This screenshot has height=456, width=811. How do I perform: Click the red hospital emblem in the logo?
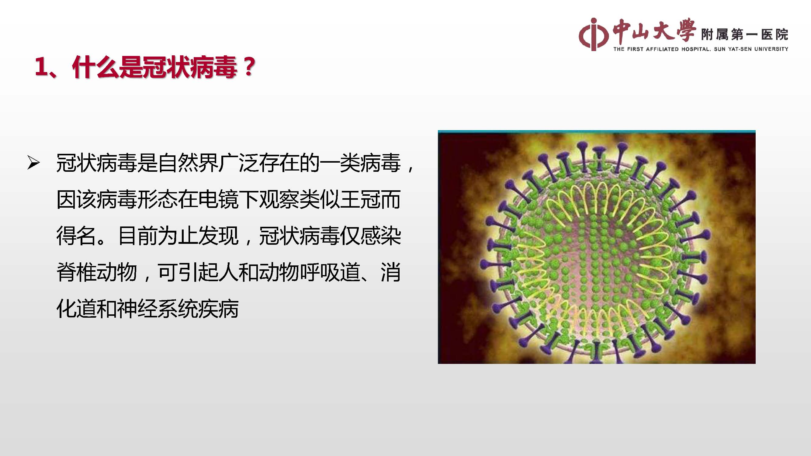tap(594, 34)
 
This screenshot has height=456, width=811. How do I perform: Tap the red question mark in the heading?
tap(249, 67)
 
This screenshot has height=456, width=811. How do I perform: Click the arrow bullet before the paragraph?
tap(33, 163)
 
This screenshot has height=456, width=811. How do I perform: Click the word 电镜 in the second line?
tap(218, 199)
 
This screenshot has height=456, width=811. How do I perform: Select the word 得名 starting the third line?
tap(76, 236)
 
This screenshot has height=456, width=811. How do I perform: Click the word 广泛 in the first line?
tap(238, 163)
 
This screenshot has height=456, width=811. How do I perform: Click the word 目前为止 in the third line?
tap(158, 236)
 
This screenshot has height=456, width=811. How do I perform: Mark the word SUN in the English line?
tap(720, 49)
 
